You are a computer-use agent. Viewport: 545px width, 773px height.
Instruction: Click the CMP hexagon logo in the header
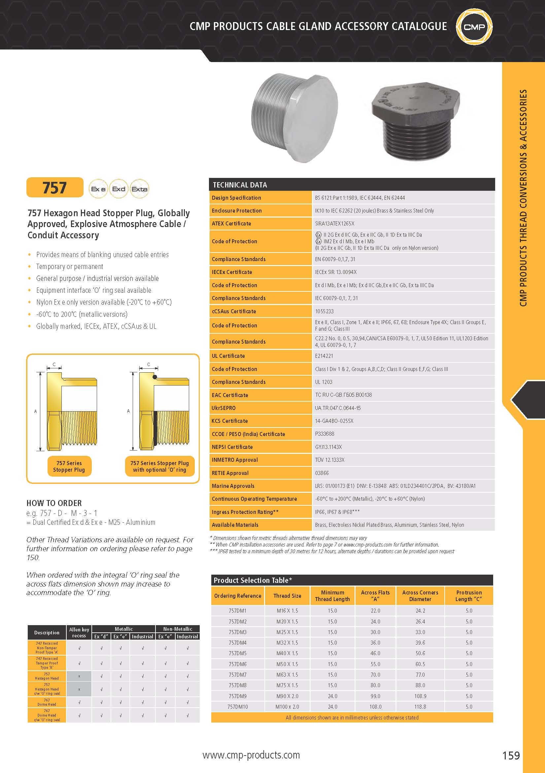(474, 27)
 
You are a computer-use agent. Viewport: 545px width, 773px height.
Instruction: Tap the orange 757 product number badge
(55, 187)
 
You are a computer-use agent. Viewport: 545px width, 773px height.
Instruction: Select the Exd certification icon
(119, 189)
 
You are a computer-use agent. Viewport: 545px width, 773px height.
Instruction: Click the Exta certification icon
(139, 189)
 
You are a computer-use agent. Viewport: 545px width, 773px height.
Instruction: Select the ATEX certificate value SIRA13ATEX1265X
(335, 223)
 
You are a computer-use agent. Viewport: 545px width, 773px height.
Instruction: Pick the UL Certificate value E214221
(324, 356)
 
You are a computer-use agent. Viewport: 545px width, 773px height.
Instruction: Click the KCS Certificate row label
(229, 421)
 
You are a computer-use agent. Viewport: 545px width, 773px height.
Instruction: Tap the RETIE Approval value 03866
(322, 473)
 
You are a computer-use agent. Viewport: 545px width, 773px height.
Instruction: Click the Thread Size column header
(287, 595)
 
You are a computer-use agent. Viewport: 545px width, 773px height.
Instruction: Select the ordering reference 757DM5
(237, 653)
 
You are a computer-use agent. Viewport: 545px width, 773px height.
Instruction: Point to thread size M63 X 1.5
(287, 675)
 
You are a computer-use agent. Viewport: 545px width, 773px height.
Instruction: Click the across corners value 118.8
(420, 707)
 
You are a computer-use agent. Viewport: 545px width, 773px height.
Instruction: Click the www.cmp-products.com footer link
(251, 755)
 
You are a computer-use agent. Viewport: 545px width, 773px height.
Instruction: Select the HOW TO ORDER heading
(54, 503)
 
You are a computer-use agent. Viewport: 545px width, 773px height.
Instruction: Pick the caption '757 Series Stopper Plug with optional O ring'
(159, 466)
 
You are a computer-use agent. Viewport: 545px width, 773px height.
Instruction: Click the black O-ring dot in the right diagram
(154, 377)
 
